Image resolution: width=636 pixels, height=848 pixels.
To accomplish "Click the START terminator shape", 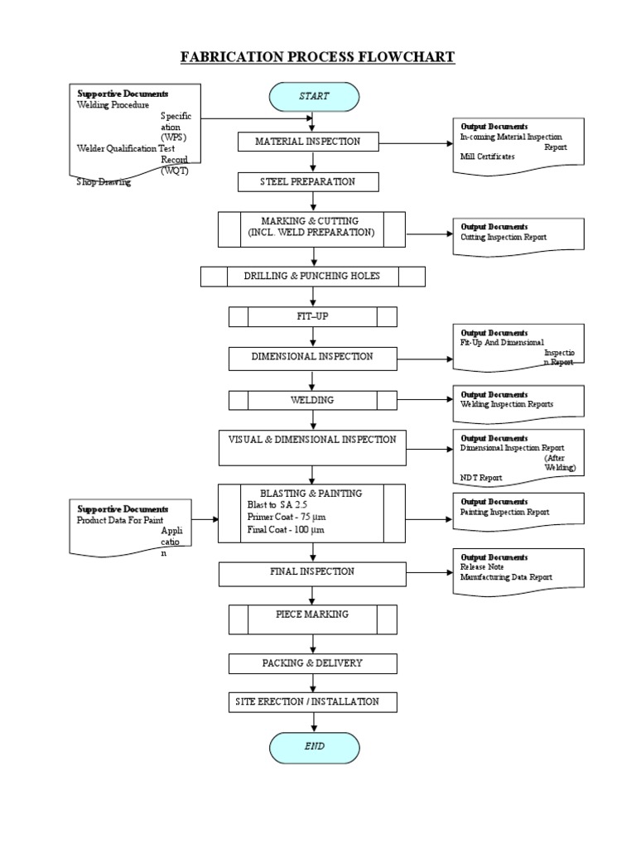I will click(x=314, y=96).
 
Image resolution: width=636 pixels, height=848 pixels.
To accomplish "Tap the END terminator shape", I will click(x=314, y=746).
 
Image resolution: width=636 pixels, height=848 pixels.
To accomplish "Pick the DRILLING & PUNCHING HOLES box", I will click(x=312, y=276).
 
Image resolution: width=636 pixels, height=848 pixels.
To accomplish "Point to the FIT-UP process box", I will click(x=312, y=316).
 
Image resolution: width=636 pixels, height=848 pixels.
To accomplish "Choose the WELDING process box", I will click(x=312, y=400).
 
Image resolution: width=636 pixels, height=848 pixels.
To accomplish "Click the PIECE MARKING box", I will click(x=312, y=614).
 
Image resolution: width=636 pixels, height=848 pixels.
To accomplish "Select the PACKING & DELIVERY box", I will click(x=312, y=663).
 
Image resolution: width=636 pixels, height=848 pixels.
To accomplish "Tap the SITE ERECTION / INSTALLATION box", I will click(x=312, y=701).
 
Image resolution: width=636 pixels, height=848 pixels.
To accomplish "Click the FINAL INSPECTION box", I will click(x=312, y=571).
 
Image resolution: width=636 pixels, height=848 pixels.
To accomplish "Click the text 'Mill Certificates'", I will click(x=487, y=156).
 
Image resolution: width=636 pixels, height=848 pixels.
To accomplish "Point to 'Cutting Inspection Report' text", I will click(x=503, y=237).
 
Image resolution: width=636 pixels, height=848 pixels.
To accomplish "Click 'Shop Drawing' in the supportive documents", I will click(x=104, y=181).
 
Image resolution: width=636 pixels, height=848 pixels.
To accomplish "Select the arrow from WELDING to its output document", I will click(x=425, y=401).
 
